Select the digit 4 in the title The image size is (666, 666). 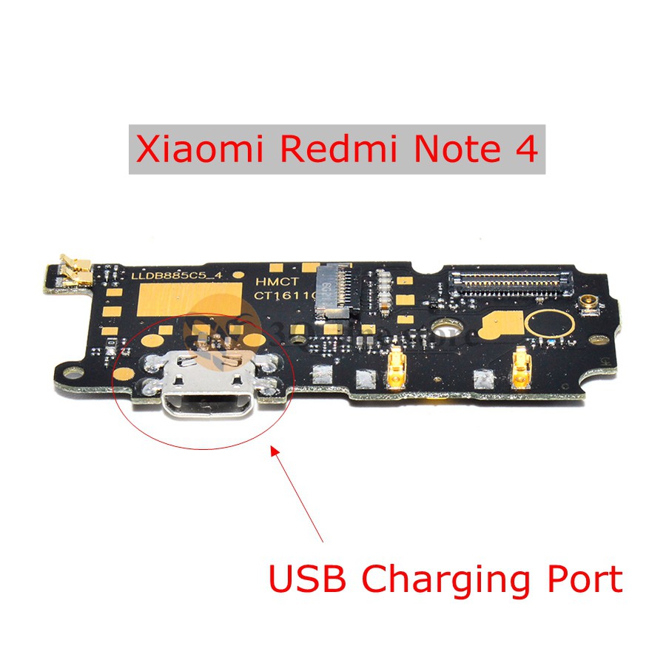pyautogui.click(x=523, y=149)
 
